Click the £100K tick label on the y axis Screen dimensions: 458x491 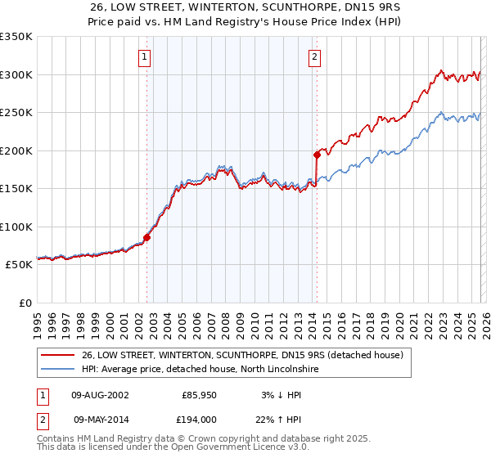click(16, 227)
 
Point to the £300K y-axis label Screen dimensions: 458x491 click(16, 74)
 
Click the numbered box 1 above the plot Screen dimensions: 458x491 click(144, 56)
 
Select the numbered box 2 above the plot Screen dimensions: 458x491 click(314, 56)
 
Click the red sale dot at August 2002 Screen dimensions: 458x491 click(147, 238)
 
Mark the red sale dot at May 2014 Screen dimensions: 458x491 click(316, 154)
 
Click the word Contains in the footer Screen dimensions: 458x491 click(58, 440)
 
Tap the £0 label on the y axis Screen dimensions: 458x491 click(24, 303)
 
